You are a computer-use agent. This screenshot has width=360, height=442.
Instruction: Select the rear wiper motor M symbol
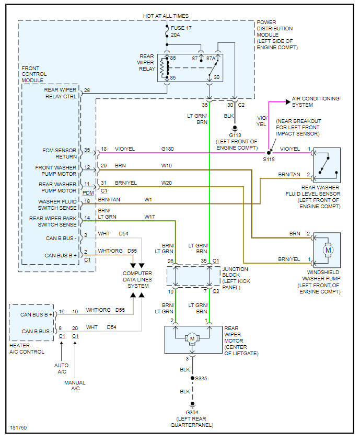pos(192,338)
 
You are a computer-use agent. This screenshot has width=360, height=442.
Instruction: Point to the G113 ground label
pos(235,134)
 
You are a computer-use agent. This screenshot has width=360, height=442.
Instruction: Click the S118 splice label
pos(269,158)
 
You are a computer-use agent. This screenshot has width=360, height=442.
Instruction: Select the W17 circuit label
pos(150,216)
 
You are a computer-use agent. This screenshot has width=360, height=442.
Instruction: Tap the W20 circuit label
pos(167,183)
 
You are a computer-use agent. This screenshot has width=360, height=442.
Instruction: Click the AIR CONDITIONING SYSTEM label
pos(316,101)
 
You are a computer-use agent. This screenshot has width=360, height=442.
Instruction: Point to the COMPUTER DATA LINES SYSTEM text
pos(137,279)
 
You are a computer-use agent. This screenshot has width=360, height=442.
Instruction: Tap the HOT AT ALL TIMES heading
pos(166,16)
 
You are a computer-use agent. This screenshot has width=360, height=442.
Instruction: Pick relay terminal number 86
pos(173,59)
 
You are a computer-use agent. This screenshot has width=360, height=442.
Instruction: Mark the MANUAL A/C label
pos(75,386)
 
